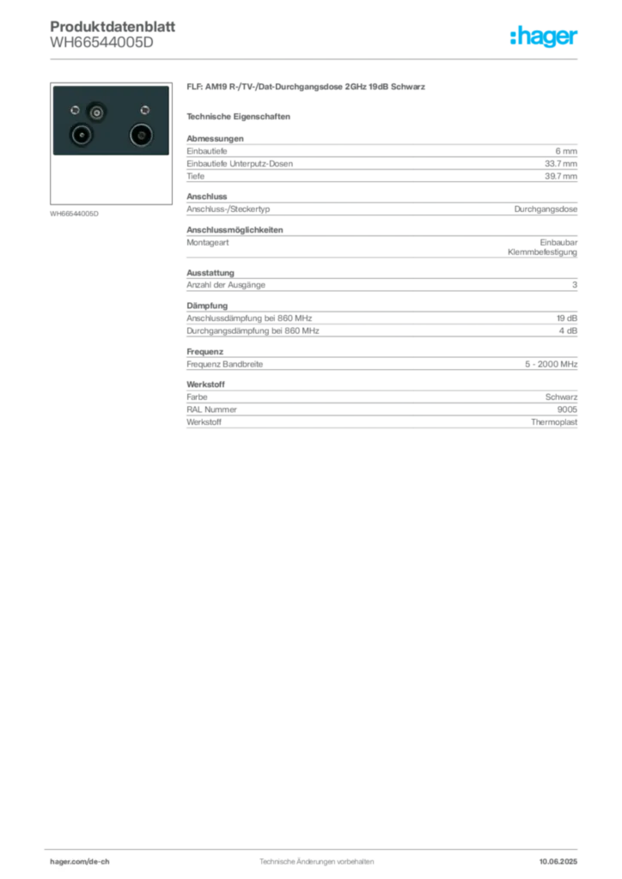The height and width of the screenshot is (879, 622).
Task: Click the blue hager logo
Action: (x=545, y=36)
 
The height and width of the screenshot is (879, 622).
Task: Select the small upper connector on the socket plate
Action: (x=96, y=112)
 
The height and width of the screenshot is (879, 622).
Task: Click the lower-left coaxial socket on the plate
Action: (x=82, y=136)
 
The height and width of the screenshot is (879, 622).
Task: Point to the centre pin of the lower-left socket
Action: (x=82, y=136)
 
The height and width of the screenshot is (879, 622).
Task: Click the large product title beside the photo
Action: (x=305, y=88)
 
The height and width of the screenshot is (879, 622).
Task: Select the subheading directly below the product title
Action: (x=241, y=116)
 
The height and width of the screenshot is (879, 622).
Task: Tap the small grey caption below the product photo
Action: (x=76, y=213)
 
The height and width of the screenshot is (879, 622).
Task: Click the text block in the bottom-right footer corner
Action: (x=559, y=857)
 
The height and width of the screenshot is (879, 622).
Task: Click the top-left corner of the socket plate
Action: (x=52, y=87)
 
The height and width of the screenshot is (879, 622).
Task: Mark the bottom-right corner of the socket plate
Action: (x=168, y=155)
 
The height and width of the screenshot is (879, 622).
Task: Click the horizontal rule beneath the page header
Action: (x=316, y=58)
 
